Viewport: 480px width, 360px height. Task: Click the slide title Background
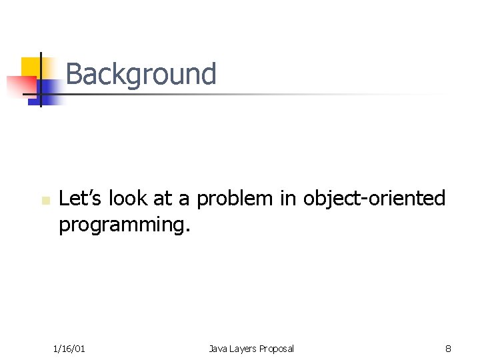pyautogui.click(x=141, y=74)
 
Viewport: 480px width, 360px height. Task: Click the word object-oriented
pyautogui.click(x=374, y=199)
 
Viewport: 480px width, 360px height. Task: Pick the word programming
pyautogui.click(x=122, y=225)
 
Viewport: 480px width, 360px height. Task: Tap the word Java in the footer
pyautogui.click(x=218, y=348)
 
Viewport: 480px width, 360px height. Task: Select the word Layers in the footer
pyautogui.click(x=243, y=348)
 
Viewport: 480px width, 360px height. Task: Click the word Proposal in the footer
pyautogui.click(x=277, y=348)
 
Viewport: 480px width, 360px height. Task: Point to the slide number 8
pyautogui.click(x=449, y=348)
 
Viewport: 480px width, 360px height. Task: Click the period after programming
pyautogui.click(x=188, y=229)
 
